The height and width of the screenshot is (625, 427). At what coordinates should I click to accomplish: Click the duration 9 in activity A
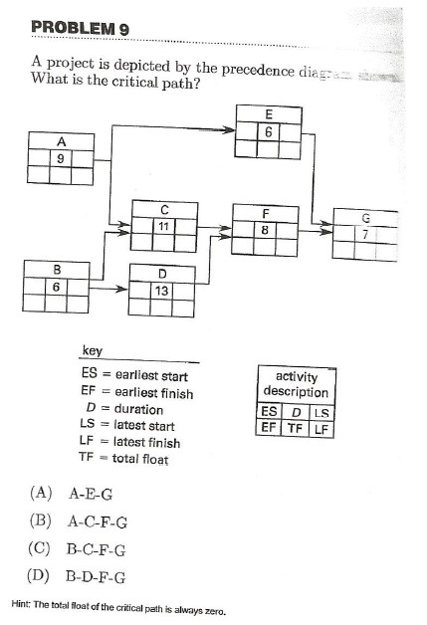(x=62, y=156)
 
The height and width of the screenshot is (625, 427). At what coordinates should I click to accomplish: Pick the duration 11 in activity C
(x=164, y=226)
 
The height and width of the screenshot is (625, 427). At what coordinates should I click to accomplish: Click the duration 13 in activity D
(x=165, y=290)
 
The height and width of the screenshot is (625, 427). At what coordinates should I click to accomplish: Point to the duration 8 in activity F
(x=265, y=229)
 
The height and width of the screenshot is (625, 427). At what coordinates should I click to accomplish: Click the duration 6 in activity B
(x=57, y=285)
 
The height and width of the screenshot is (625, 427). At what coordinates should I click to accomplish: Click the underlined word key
(x=92, y=352)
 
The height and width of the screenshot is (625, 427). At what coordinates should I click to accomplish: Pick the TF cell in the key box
(x=294, y=429)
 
